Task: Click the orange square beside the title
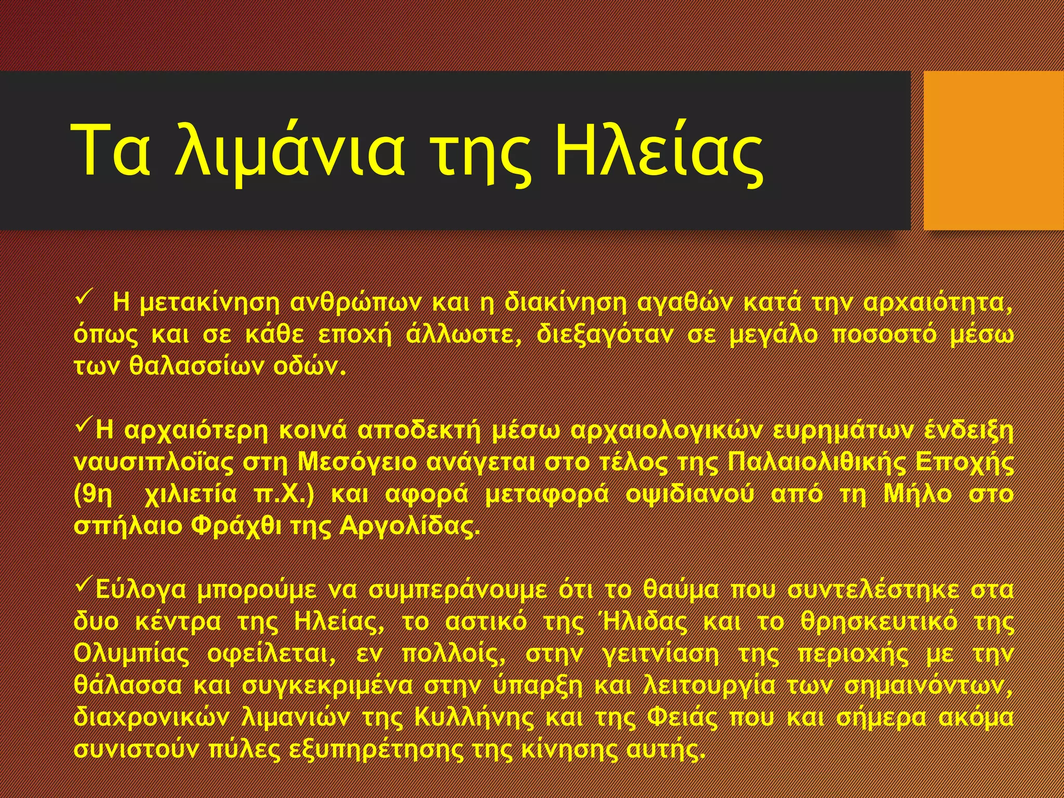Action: coord(993,151)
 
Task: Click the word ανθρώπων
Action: coord(355,303)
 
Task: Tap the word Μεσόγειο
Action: coord(357,462)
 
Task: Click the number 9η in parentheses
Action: coord(94,495)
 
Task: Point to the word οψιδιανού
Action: coord(689,495)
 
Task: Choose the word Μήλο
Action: coord(918,495)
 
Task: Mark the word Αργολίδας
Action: coord(408,526)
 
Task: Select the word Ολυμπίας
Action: coord(132,655)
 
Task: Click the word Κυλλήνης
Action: coord(474,718)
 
